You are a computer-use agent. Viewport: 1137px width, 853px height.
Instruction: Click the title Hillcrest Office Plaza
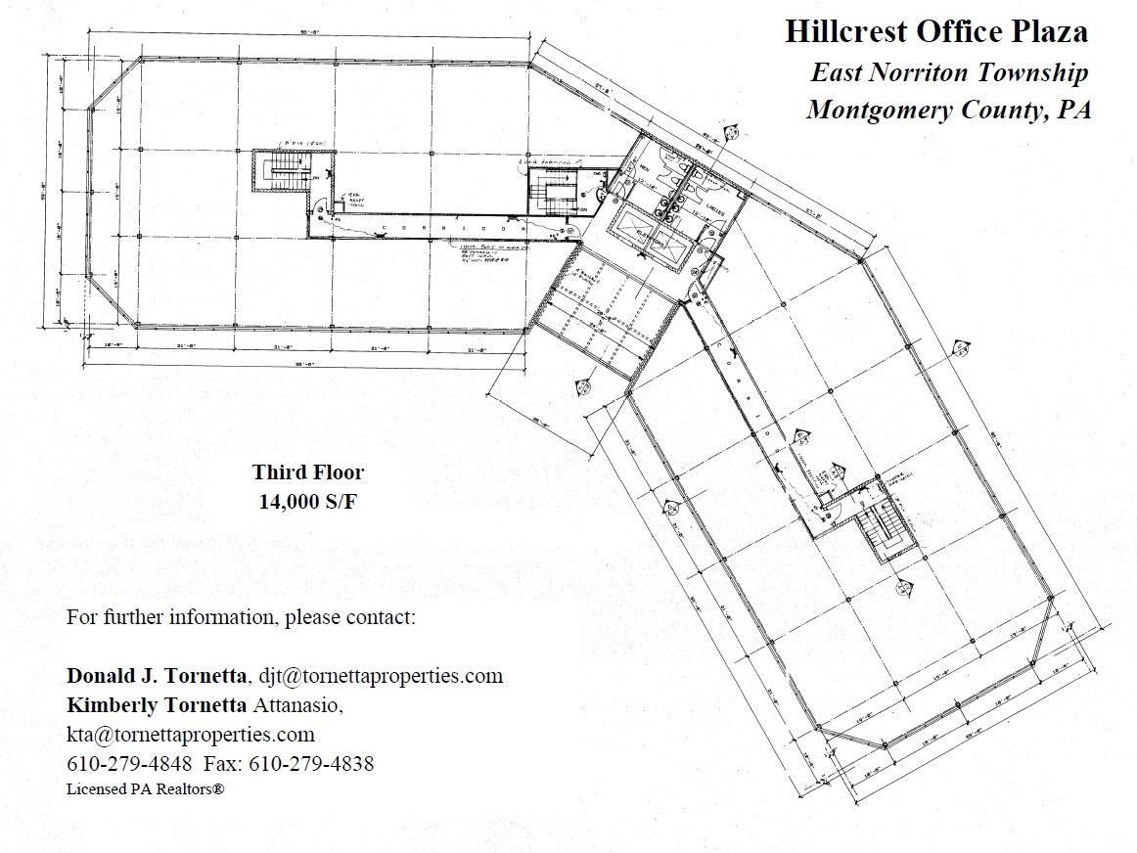pyautogui.click(x=935, y=31)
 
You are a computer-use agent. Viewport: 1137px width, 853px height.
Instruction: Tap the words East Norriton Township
pyautogui.click(x=948, y=72)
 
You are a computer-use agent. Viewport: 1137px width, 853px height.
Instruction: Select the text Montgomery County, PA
pyautogui.click(x=948, y=110)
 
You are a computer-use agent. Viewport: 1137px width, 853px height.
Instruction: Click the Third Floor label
pyautogui.click(x=308, y=472)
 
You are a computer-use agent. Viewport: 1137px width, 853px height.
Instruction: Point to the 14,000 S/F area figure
pyautogui.click(x=308, y=503)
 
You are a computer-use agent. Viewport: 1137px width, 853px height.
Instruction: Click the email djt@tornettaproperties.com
pyautogui.click(x=381, y=675)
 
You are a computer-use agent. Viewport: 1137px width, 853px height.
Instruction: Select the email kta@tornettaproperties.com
pyautogui.click(x=191, y=734)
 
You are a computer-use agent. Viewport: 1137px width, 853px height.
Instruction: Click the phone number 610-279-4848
pyautogui.click(x=129, y=764)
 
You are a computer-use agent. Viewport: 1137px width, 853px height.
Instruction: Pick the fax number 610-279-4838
pyautogui.click(x=312, y=764)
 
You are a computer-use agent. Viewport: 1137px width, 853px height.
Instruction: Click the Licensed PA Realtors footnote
pyautogui.click(x=146, y=787)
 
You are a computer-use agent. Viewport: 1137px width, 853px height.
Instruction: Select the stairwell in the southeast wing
pyautogui.click(x=885, y=533)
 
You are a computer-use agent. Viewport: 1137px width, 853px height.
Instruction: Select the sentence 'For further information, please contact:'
pyautogui.click(x=241, y=618)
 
